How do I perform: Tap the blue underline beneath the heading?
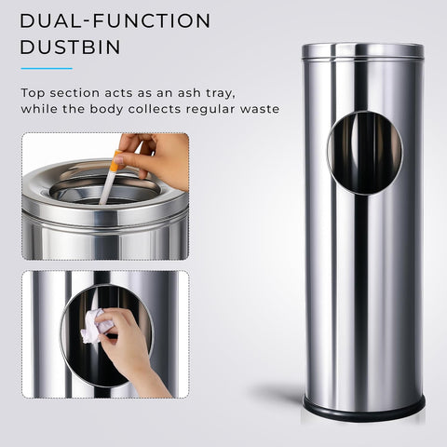46,68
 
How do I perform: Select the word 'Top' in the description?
34,93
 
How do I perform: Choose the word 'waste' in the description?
260,109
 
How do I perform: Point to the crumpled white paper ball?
94,325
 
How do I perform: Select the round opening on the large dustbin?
364,153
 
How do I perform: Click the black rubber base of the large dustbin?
363,405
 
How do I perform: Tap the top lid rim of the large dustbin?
362,49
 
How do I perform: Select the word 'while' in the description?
40,109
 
